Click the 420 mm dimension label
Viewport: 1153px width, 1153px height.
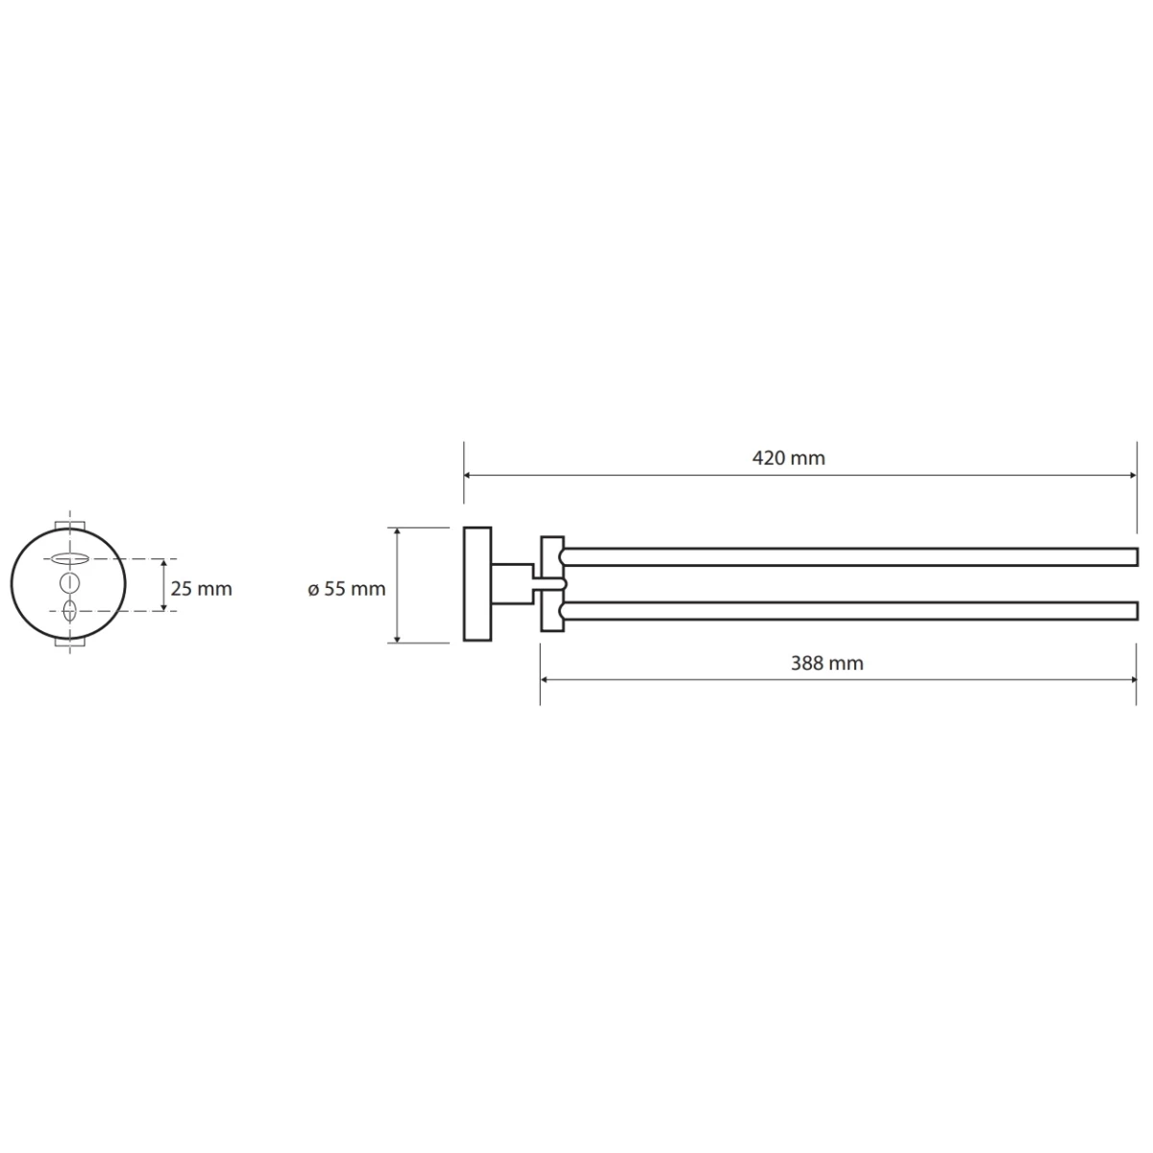[x=788, y=459]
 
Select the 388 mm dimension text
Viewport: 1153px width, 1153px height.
[x=827, y=664]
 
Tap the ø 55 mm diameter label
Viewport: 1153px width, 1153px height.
[x=347, y=589]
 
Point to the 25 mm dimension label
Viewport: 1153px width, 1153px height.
[x=201, y=589]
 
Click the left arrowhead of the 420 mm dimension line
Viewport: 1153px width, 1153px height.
[x=468, y=476]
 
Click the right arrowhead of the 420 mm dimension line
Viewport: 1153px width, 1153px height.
[x=1132, y=476]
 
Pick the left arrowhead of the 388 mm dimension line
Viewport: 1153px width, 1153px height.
[x=545, y=680]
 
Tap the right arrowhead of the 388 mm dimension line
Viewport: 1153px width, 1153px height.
[x=1132, y=680]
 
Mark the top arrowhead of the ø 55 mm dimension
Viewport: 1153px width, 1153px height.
[x=397, y=532]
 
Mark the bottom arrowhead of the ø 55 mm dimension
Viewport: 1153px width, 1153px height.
[x=397, y=638]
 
